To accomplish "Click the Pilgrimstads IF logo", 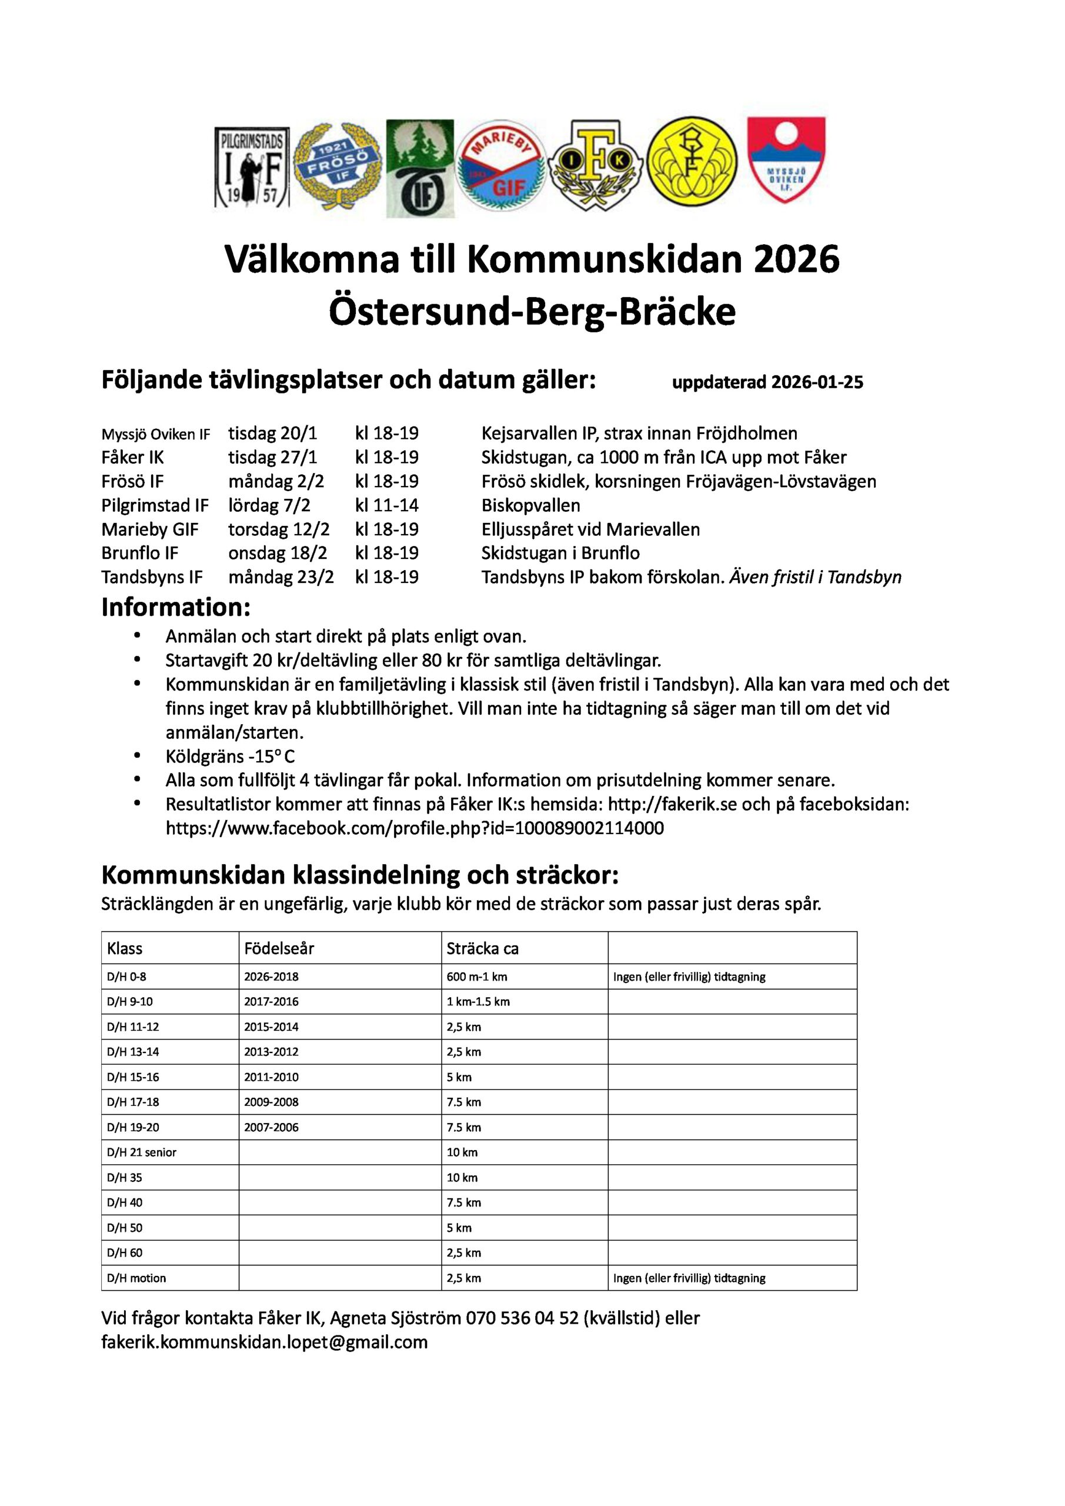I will pos(252,167).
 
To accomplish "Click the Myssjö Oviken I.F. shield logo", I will pos(786,160).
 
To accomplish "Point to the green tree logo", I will pos(419,168).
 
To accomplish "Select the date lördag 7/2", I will pos(269,505).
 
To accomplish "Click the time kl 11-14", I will pos(386,505).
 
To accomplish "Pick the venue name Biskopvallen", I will pos(530,505).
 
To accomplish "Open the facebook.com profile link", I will pos(415,828).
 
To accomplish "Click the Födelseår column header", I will pos(279,948).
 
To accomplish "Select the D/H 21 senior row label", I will pos(142,1152).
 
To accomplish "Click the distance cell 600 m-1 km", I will pos(477,977).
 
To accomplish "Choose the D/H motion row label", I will pos(136,1278).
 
